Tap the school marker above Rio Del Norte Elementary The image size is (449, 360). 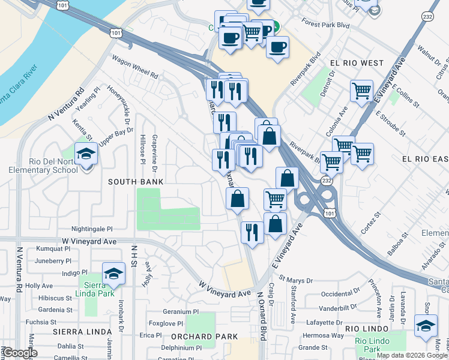point(86,154)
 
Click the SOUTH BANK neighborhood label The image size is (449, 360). point(136,181)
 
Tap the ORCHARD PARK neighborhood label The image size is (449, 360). point(205,337)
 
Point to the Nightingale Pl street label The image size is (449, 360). point(92,229)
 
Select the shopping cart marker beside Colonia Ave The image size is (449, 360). point(361,92)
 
